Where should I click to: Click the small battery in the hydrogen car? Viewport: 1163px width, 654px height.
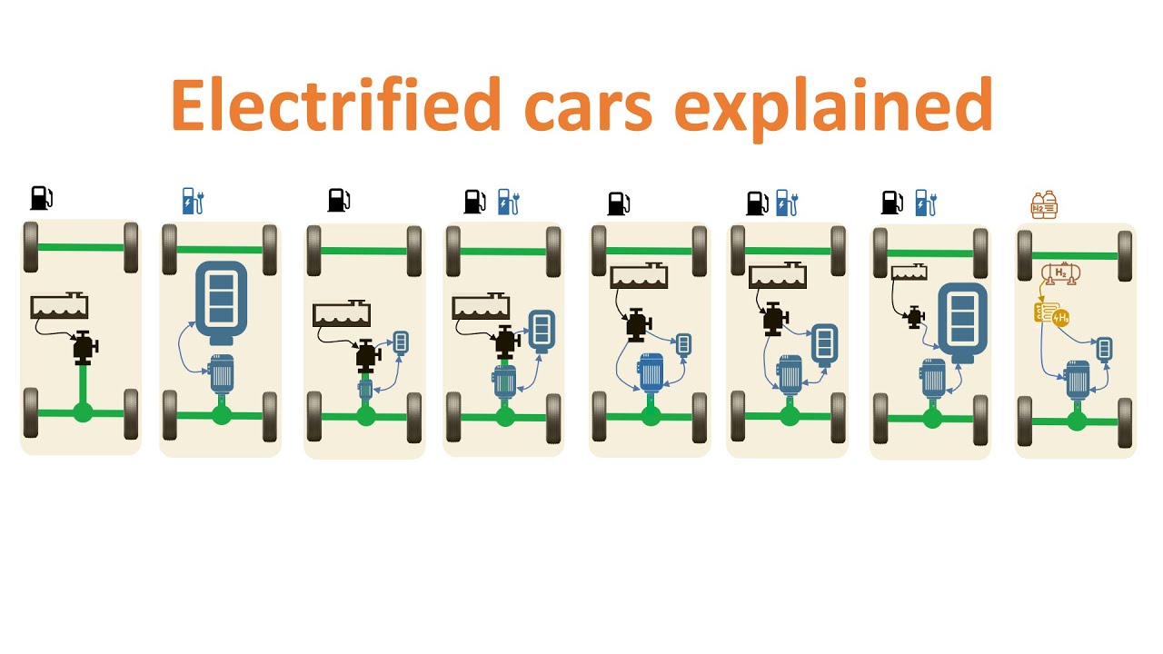1104,348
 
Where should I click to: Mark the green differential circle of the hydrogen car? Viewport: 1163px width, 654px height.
1077,421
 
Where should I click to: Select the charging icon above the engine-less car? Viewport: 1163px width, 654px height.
192,201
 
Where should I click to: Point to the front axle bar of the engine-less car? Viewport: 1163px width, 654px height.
220,249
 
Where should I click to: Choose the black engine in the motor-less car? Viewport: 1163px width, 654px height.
84,347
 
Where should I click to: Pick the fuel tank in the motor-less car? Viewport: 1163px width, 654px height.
59,305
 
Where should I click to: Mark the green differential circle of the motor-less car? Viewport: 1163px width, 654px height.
83,413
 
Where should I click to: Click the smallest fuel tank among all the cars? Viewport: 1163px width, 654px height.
909,272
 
